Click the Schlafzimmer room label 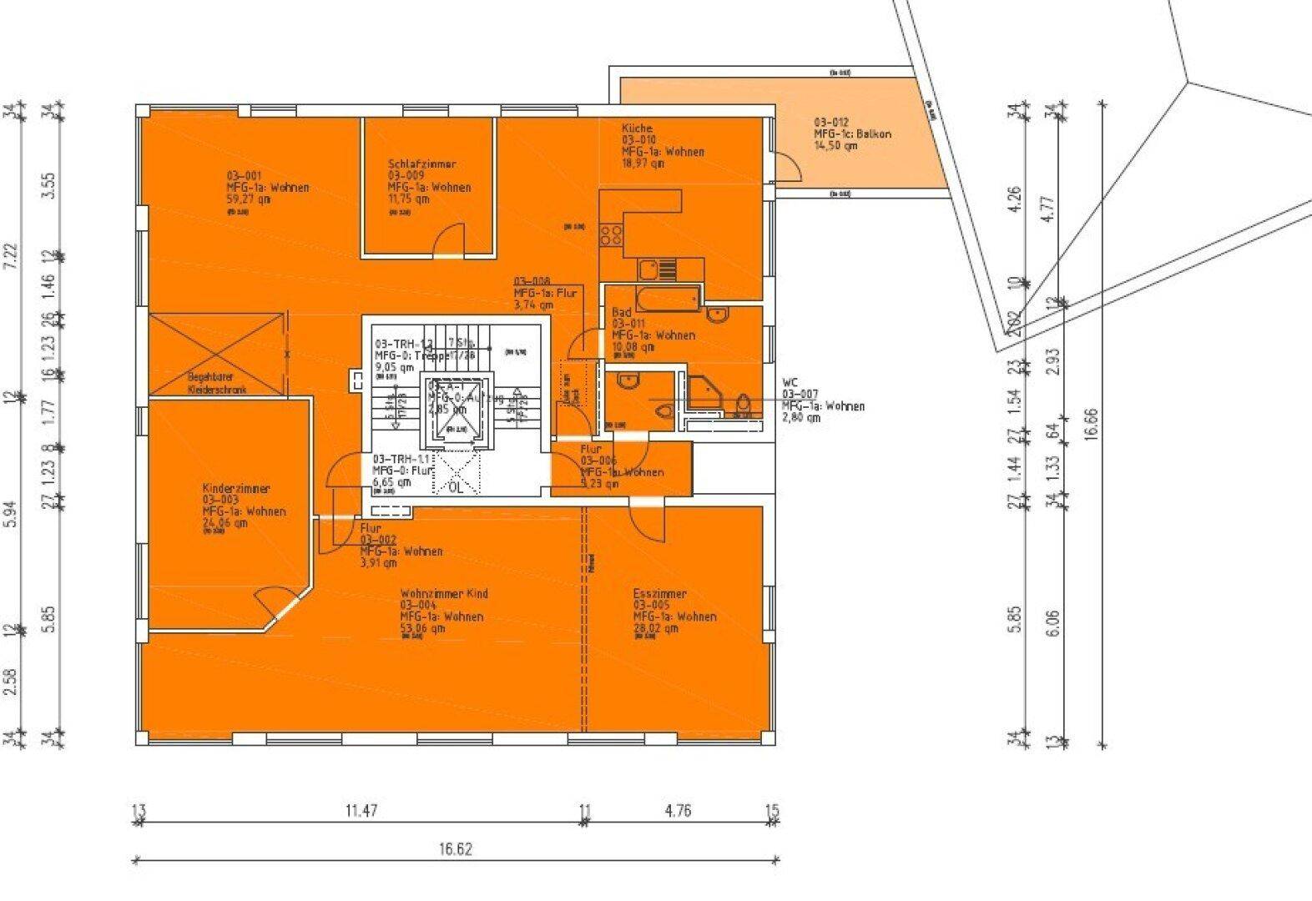[421, 164]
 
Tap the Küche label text [637, 128]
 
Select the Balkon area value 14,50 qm [835, 146]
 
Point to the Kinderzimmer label [235, 489]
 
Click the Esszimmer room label [659, 594]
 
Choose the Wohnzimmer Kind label [444, 594]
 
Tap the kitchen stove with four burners [612, 234]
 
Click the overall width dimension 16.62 [456, 849]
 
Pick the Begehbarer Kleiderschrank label [217, 383]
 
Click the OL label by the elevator [456, 487]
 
